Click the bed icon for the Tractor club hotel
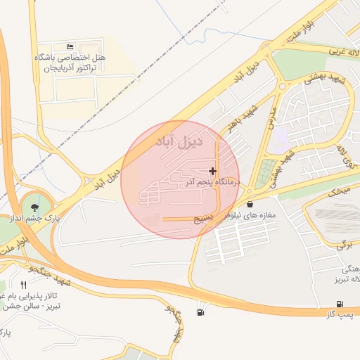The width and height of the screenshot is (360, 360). point(69,46)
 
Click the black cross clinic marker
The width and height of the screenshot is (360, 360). point(213,171)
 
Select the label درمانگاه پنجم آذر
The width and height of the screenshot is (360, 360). point(213,182)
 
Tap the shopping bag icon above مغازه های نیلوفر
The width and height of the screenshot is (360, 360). point(250,204)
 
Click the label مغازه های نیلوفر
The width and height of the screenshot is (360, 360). point(250,214)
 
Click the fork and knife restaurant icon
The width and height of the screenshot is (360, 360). point(24,285)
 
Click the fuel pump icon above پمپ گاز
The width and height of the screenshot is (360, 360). point(340,304)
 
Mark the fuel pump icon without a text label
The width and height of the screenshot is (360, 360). point(202,311)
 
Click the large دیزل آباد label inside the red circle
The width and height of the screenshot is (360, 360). point(179,141)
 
